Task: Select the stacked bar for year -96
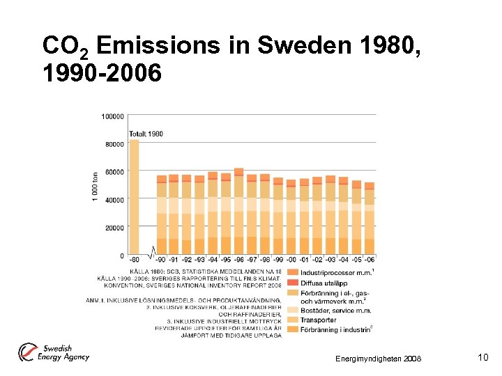[x=238, y=212]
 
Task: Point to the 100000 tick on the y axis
[x=113, y=116]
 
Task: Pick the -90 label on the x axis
[x=162, y=260]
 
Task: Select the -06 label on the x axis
[x=369, y=260]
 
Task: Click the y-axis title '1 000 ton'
[x=96, y=187]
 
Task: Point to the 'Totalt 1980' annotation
[x=146, y=134]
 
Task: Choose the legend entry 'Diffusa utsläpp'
[x=325, y=283]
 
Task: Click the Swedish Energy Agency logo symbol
[x=29, y=352]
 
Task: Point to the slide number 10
[x=482, y=357]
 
